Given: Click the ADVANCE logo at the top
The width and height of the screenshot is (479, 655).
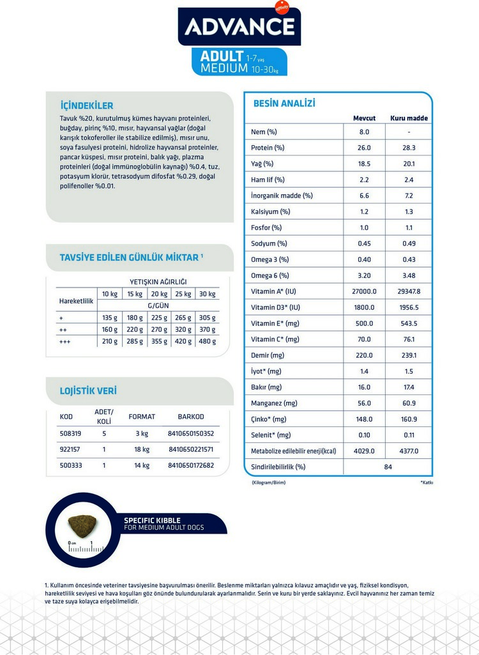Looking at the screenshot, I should [240, 26].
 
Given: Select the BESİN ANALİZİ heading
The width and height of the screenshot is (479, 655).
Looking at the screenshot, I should [284, 104].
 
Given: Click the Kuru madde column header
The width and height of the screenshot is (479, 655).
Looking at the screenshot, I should [409, 118].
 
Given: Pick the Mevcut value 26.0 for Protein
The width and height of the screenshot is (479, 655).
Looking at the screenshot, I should [364, 148].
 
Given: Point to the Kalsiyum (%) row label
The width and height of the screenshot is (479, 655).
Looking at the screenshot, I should [271, 212].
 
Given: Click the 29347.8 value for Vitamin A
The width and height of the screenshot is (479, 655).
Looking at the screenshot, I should [409, 291].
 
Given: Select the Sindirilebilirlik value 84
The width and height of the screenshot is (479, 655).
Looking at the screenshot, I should [388, 466].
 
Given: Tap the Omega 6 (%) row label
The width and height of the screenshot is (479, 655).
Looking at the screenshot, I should [270, 275].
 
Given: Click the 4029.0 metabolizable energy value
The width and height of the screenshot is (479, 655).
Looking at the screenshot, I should [364, 451].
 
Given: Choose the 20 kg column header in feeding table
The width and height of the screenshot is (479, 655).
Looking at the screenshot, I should [158, 294].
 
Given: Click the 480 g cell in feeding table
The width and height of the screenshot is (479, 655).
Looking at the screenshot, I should [207, 341].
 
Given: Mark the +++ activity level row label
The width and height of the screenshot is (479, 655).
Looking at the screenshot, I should [65, 341].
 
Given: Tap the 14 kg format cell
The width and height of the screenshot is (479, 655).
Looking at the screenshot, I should [142, 465].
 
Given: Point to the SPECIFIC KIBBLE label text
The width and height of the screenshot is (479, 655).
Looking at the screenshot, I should [152, 520].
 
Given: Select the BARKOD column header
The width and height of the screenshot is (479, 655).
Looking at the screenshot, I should [191, 417].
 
